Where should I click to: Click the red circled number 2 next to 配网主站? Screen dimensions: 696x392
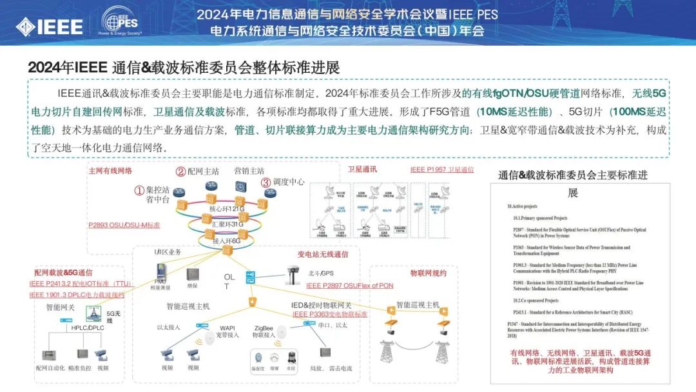180,171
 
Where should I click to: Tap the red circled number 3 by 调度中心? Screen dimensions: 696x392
266,182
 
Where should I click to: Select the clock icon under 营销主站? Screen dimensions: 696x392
240,186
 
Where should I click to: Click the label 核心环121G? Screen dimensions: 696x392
227,210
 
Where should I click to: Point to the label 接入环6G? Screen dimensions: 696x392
227,240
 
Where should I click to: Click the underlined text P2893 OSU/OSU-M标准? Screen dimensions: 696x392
124,225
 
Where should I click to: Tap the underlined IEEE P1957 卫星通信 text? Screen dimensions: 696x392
441,170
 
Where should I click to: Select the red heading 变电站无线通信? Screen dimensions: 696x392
323,255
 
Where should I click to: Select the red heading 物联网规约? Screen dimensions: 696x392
429,273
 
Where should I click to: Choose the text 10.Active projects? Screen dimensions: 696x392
522,206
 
